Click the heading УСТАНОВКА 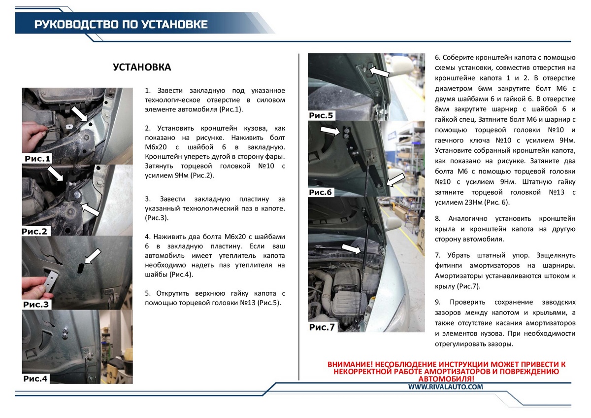click(x=142, y=68)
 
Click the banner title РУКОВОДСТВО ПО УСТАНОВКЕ click(x=121, y=24)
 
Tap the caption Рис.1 click(x=37, y=159)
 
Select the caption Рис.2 click(x=34, y=231)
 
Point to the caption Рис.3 click(x=36, y=305)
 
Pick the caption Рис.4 click(x=35, y=379)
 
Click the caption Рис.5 click(x=321, y=115)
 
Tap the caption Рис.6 click(x=320, y=192)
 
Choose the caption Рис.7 click(x=322, y=327)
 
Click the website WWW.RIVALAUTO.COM click(x=446, y=387)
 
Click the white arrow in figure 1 click(x=79, y=114)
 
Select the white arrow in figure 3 click(x=93, y=256)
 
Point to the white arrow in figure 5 click(x=379, y=71)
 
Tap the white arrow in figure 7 click(x=351, y=249)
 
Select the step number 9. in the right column click(x=438, y=302)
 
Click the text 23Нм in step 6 click(x=473, y=203)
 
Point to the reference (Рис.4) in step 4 click(x=181, y=275)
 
